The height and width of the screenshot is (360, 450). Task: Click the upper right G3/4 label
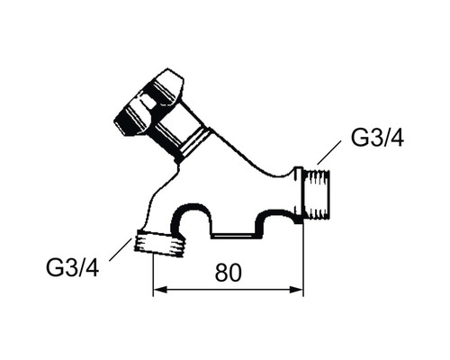(377, 138)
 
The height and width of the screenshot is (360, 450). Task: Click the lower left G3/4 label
(73, 267)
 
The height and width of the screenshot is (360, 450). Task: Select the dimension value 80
(228, 273)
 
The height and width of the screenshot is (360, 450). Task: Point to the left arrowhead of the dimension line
(159, 290)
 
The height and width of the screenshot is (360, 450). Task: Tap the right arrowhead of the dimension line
(296, 290)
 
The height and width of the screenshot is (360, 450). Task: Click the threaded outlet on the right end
(317, 193)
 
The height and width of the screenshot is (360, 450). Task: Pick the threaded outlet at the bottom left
(160, 243)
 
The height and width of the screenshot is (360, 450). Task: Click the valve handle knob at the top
(148, 102)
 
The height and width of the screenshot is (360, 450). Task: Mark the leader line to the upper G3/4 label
(328, 152)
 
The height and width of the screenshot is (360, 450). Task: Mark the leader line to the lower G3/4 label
(121, 249)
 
